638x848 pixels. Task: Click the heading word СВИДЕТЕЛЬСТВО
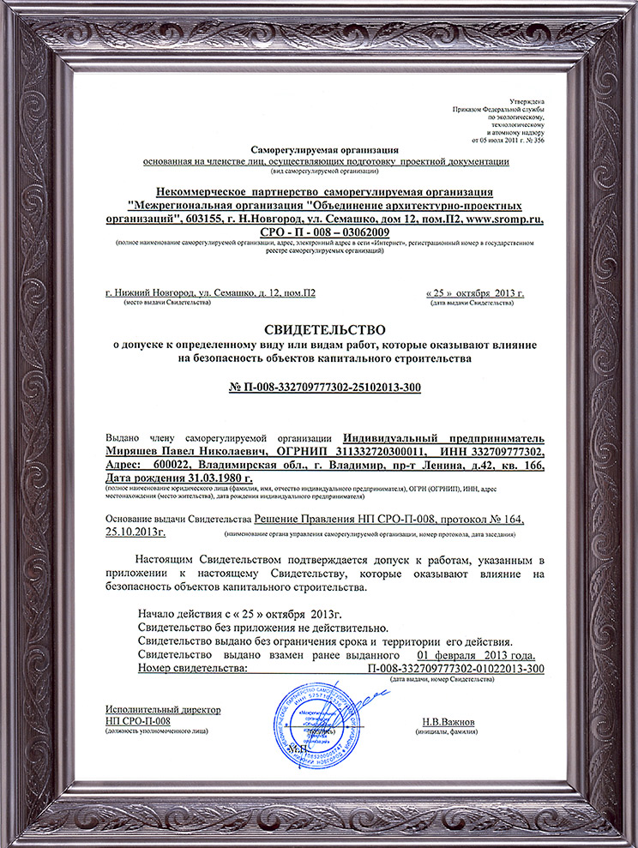[x=318, y=329]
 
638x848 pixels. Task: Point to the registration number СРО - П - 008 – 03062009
[x=318, y=232]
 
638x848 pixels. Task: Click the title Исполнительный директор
[x=163, y=710]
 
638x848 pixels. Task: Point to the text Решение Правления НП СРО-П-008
[x=347, y=520]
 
